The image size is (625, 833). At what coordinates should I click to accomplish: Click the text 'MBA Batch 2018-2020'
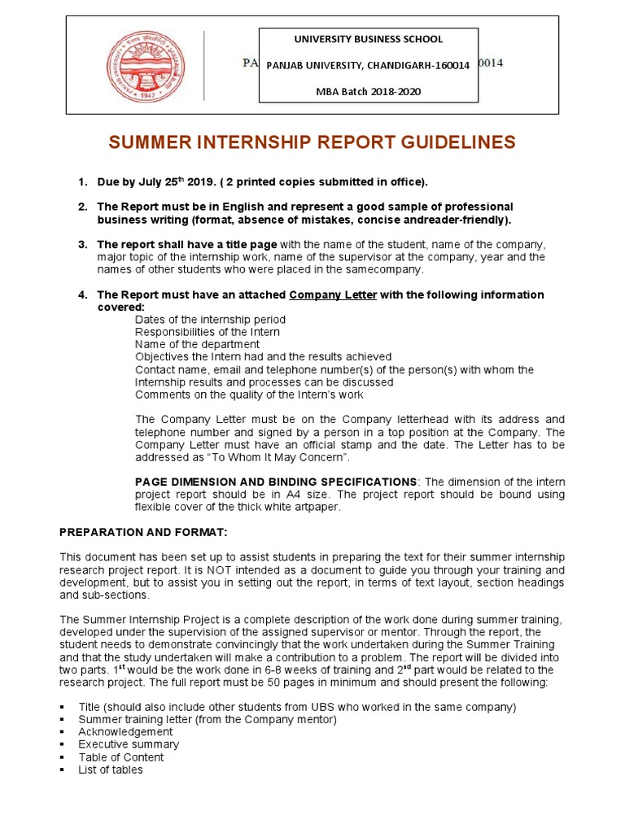tap(369, 91)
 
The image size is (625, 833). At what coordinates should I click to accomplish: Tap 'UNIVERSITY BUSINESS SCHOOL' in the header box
tap(369, 39)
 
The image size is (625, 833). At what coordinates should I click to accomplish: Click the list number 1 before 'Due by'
tap(82, 181)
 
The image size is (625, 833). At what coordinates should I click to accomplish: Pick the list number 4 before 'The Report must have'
tap(82, 294)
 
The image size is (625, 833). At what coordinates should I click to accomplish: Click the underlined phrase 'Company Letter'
tap(333, 294)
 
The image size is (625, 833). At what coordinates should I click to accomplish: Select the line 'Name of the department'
tap(197, 344)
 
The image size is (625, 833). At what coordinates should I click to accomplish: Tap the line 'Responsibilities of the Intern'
tap(208, 332)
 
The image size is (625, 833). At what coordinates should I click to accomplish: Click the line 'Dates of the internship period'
tap(210, 320)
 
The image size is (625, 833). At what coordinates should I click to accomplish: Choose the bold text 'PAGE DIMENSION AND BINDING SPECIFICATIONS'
tap(275, 482)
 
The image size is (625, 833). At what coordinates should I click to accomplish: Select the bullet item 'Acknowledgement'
tap(125, 731)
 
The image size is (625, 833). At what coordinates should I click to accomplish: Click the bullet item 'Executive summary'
tap(129, 744)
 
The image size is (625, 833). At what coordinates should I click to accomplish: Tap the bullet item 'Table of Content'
tap(121, 757)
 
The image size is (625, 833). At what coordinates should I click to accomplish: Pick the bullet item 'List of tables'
tap(111, 770)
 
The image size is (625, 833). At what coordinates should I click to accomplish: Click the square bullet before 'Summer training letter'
tap(63, 719)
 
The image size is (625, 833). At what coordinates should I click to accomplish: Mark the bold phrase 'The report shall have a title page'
tap(187, 244)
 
